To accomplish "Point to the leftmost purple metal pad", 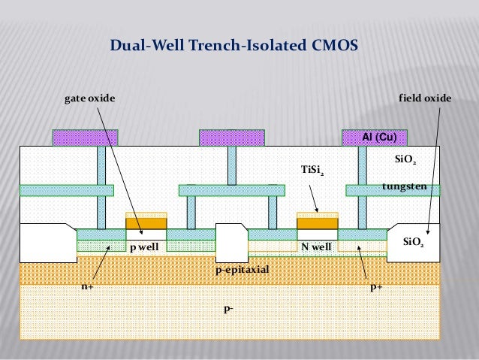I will click(x=85, y=138).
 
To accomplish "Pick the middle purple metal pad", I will click(x=231, y=138).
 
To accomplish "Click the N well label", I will click(x=315, y=247).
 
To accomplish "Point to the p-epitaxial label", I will click(x=242, y=268).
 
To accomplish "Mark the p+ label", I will click(x=375, y=286).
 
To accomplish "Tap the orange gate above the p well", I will click(x=146, y=223).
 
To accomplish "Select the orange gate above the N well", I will click(x=318, y=223).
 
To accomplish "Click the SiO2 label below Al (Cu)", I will click(x=405, y=160).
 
